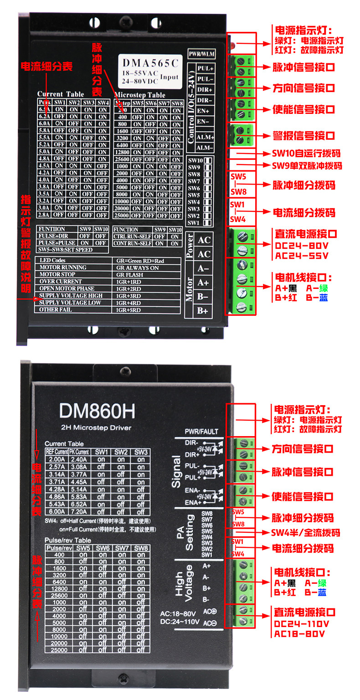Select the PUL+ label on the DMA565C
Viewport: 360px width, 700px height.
pyautogui.click(x=205, y=68)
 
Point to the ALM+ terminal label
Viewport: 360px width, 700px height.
pyautogui.click(x=205, y=137)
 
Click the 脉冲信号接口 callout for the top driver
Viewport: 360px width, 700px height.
pyautogui.click(x=303, y=67)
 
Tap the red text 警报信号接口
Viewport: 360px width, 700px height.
pyautogui.click(x=303, y=135)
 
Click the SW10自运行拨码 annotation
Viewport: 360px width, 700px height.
pyautogui.click(x=306, y=153)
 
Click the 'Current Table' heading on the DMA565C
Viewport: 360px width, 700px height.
pyautogui.click(x=61, y=94)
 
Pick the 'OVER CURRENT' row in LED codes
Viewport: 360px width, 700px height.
pyautogui.click(x=61, y=282)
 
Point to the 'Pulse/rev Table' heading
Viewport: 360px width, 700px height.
pyautogui.click(x=68, y=540)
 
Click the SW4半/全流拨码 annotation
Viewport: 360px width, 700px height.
pyautogui.click(x=305, y=533)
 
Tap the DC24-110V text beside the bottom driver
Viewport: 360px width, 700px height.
pyautogui.click(x=301, y=624)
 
